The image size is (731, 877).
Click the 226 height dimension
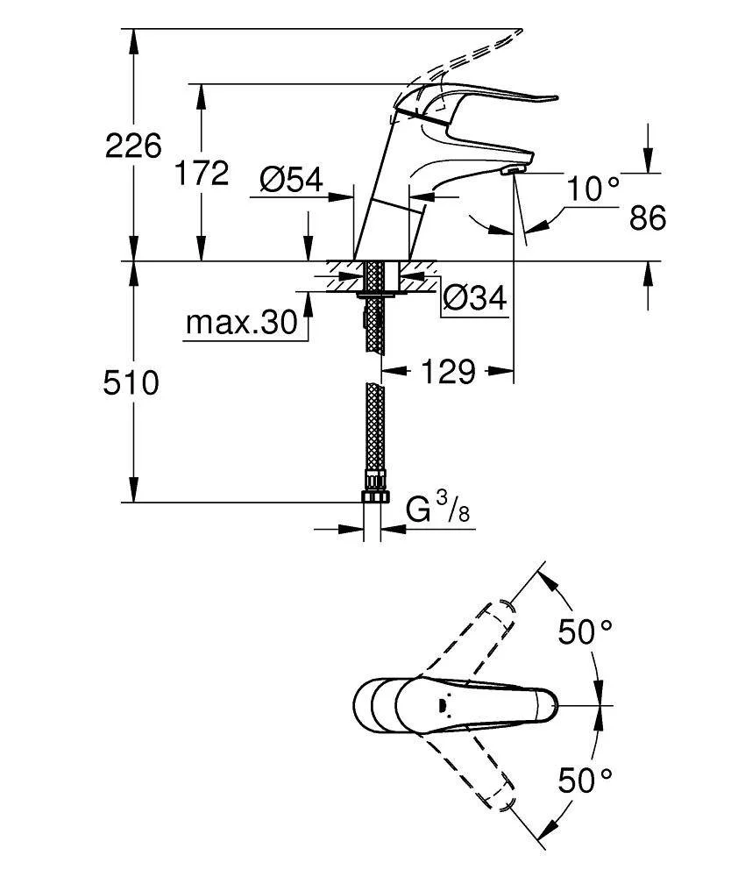click(x=133, y=146)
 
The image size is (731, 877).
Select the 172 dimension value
click(x=200, y=173)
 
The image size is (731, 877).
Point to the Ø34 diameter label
click(x=474, y=298)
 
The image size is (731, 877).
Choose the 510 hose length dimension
click(x=132, y=382)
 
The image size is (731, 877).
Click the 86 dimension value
click(x=648, y=217)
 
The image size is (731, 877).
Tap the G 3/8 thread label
click(x=438, y=510)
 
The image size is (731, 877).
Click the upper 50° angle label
click(x=586, y=631)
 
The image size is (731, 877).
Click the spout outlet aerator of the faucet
click(x=512, y=171)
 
